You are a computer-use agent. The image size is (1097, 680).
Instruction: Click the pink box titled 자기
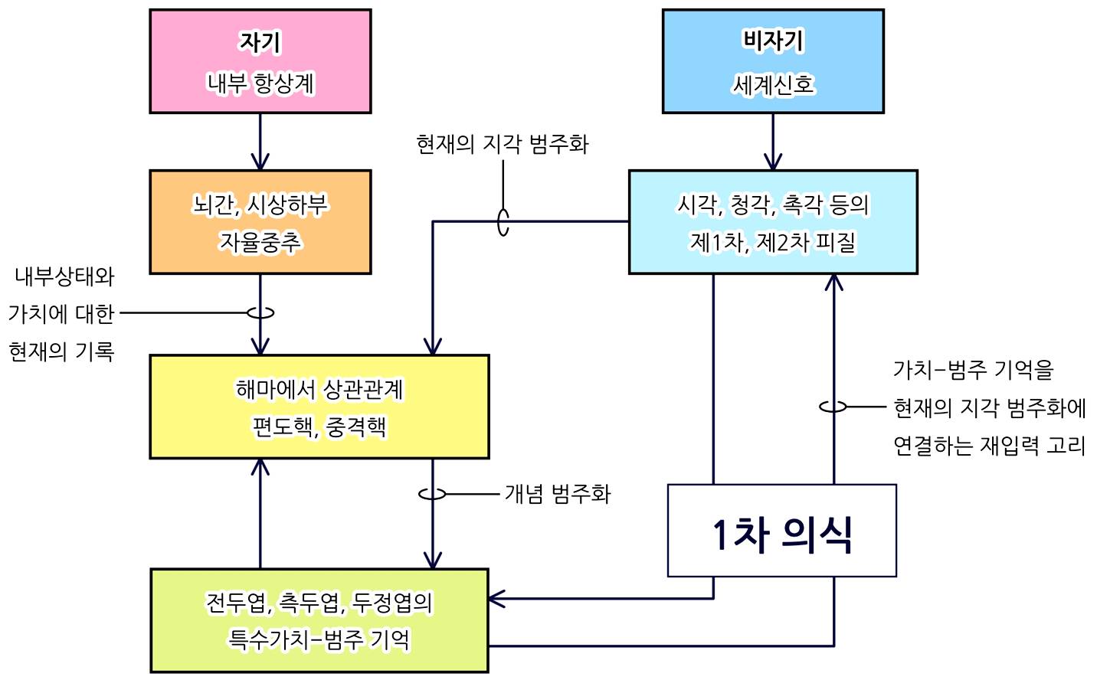click(x=260, y=61)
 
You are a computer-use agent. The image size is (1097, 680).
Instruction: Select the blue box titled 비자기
click(x=773, y=61)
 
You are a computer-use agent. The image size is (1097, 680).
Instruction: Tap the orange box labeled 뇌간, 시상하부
click(x=260, y=222)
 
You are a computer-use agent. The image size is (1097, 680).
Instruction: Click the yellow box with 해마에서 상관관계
click(x=319, y=407)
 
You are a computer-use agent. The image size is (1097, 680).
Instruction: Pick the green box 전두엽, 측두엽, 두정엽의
click(x=319, y=620)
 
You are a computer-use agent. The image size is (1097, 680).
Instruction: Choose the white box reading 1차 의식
click(x=781, y=531)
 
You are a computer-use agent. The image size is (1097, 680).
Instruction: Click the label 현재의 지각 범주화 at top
click(x=502, y=144)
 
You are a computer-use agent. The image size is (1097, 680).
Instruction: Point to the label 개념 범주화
click(x=557, y=494)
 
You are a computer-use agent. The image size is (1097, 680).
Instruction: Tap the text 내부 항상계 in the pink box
click(x=260, y=83)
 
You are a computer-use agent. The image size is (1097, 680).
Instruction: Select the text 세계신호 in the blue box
click(x=773, y=83)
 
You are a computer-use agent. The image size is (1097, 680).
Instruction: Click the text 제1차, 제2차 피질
click(x=773, y=242)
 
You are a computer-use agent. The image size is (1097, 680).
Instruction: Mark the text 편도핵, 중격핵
click(x=319, y=427)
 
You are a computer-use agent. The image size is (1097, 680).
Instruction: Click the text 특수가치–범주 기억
click(x=319, y=639)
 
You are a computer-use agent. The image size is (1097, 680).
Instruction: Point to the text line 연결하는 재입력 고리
click(x=989, y=445)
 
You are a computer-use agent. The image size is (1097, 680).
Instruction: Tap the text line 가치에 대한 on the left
click(x=61, y=313)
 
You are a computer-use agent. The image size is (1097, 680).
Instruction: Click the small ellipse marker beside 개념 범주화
click(x=432, y=494)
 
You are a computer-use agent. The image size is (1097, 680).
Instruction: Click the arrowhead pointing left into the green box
click(x=496, y=599)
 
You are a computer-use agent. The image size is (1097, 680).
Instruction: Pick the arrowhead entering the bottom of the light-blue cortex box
click(x=833, y=282)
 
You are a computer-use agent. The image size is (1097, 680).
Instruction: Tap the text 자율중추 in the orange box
click(x=260, y=242)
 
